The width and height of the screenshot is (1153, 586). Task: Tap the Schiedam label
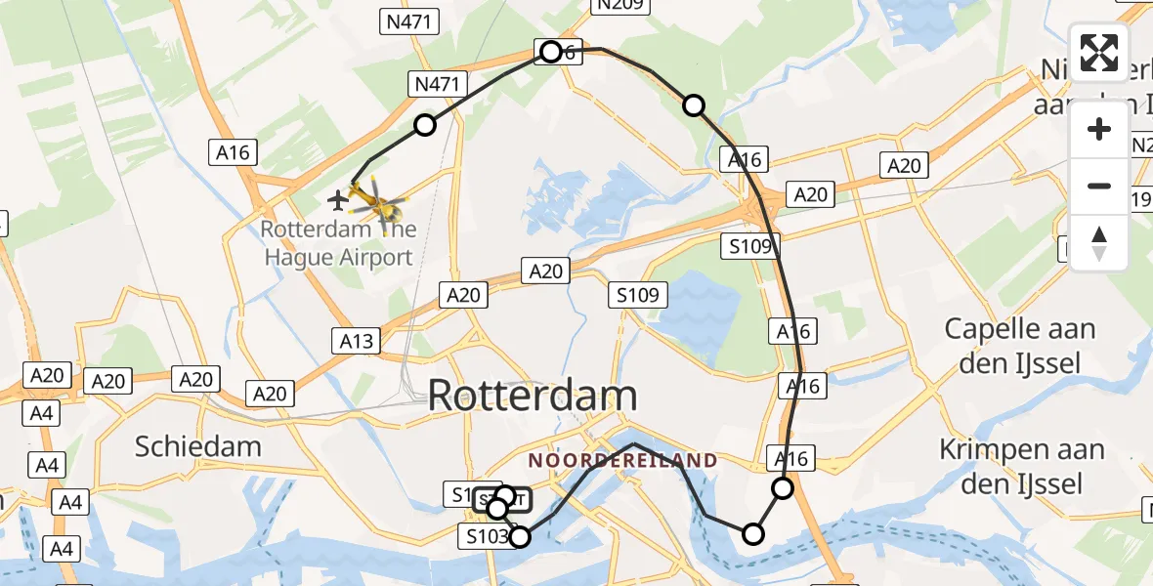198,447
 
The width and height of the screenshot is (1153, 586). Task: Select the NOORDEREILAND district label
623,460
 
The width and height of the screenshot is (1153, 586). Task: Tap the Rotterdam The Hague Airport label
337,243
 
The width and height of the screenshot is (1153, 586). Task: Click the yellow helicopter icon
375,202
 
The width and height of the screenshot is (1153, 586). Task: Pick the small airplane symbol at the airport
338,201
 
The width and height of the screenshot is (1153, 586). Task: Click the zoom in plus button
1099,129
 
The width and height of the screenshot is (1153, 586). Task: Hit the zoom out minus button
1099,186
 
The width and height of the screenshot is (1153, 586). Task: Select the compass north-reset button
1099,242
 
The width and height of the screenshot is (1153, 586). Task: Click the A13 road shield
357,341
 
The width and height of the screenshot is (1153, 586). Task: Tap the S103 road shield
486,536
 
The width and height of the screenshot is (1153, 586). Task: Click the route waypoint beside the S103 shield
520,536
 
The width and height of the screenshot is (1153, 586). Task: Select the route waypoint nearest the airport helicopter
424,125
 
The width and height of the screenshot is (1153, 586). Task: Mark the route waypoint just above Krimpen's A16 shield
783,488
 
